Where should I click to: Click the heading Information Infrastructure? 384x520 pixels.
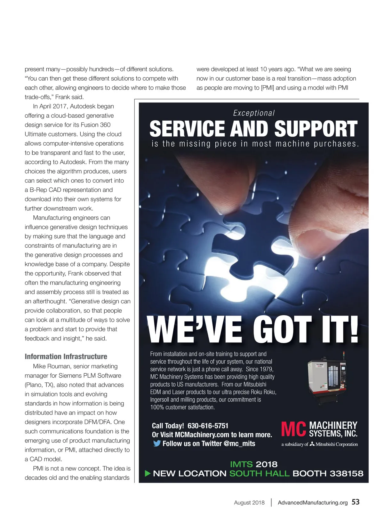(66, 356)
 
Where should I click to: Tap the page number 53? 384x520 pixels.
(356, 502)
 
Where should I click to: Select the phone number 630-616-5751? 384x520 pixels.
(208, 426)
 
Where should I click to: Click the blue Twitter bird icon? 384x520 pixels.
(157, 444)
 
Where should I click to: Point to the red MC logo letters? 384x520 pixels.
(293, 429)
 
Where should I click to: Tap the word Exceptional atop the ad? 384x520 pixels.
(254, 113)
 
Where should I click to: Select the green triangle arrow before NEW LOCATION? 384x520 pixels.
(148, 473)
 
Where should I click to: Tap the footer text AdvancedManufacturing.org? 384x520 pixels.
(312, 502)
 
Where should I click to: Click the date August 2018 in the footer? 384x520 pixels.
(249, 502)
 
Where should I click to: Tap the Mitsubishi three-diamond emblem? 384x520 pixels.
(313, 444)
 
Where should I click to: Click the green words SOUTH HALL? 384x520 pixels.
(259, 474)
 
